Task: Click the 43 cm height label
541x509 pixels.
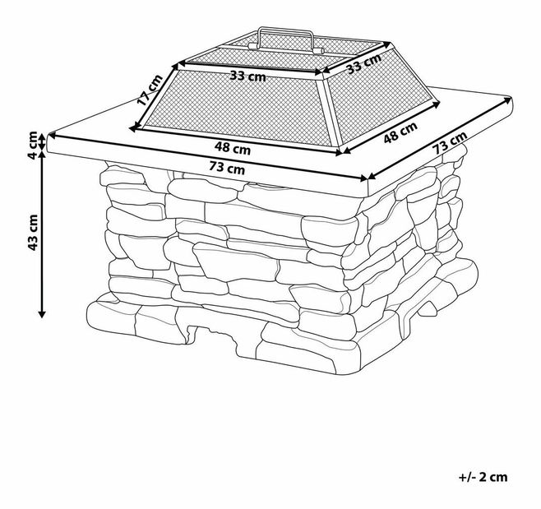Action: [33, 232]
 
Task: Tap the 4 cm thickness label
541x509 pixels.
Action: [33, 145]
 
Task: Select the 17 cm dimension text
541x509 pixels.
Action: [150, 90]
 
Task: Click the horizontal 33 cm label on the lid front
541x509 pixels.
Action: [248, 76]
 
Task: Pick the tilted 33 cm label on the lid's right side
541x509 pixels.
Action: [364, 63]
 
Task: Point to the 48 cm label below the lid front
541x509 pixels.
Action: [232, 148]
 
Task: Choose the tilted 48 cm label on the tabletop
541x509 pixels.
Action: [400, 132]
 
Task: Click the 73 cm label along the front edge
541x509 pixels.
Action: [227, 168]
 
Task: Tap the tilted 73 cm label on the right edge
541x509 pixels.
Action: [450, 142]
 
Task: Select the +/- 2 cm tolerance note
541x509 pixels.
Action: [483, 477]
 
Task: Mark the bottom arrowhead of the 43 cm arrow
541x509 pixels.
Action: [42, 313]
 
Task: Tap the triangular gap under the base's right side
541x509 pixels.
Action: [428, 308]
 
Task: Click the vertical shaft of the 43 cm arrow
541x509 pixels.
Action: [42, 234]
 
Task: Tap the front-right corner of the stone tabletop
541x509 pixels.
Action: [368, 180]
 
